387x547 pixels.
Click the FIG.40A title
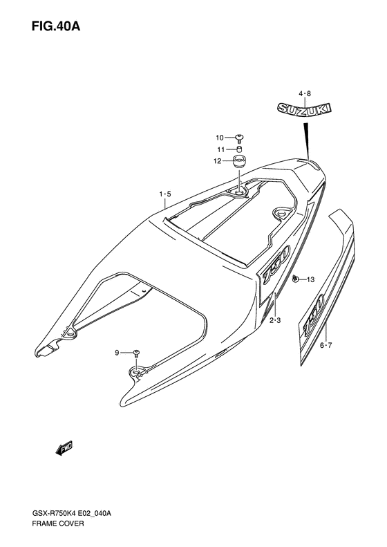56,26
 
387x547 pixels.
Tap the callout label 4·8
304,93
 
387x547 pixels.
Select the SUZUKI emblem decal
304,109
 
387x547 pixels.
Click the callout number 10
219,138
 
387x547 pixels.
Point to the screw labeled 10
240,138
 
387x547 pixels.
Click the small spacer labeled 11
239,149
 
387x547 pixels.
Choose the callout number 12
218,161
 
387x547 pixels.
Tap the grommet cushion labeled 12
239,163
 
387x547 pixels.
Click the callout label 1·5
165,194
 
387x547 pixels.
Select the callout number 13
310,279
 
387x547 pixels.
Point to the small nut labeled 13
296,279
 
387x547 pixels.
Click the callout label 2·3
275,320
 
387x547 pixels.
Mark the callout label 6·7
326,345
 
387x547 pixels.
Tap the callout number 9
117,353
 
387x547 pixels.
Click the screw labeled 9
136,353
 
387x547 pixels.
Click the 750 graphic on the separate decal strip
314,313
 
